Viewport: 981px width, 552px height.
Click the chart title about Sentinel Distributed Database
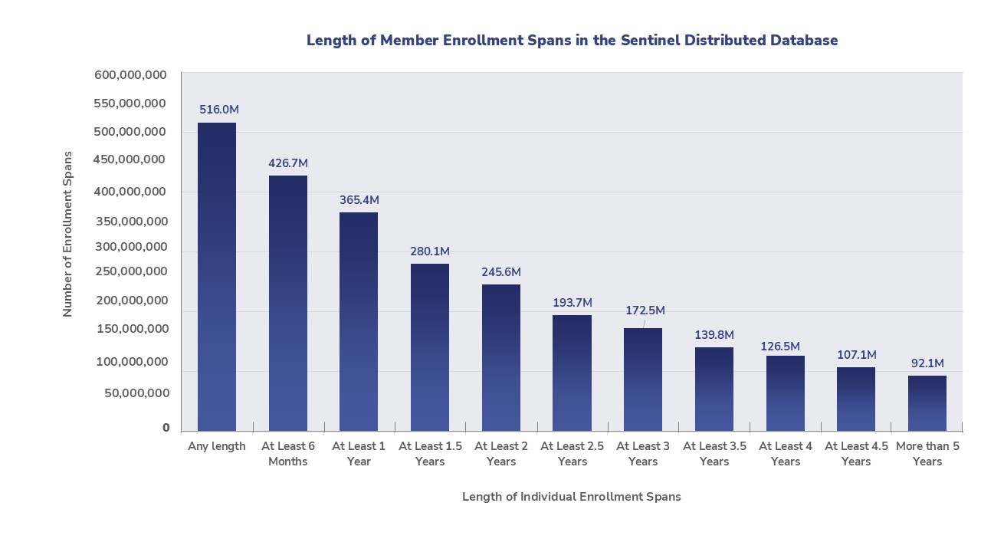tap(572, 41)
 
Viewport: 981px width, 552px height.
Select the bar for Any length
tap(217, 277)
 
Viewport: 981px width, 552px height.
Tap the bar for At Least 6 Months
tap(287, 303)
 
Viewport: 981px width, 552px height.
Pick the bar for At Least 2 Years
tap(501, 357)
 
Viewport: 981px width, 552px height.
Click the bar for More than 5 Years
tap(927, 402)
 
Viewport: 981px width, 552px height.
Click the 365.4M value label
tap(359, 200)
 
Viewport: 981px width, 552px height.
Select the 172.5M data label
tap(645, 310)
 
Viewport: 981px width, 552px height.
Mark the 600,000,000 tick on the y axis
tap(131, 75)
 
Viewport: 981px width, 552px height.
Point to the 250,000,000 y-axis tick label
tap(131, 271)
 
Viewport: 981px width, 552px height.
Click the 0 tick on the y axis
tap(166, 428)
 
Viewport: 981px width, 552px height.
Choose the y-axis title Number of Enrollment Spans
tap(67, 234)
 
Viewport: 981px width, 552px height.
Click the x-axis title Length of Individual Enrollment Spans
tap(571, 497)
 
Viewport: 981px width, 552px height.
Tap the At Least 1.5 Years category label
tap(430, 454)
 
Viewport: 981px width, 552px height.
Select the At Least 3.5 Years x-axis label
tap(714, 454)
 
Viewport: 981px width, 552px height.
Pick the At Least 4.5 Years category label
tap(856, 454)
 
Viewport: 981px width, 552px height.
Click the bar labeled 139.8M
tap(714, 389)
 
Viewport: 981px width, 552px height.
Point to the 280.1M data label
tap(430, 251)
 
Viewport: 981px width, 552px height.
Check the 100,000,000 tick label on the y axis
tap(131, 362)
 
